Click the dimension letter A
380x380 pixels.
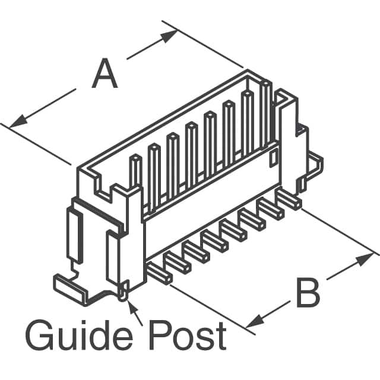click(x=104, y=73)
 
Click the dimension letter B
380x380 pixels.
click(x=308, y=293)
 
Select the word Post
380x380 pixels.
click(x=188, y=335)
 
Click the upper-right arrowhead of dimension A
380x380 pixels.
click(x=169, y=36)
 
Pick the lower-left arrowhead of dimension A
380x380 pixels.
click(x=18, y=121)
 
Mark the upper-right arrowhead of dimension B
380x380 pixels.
click(x=365, y=259)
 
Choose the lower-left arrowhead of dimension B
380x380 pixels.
click(x=255, y=321)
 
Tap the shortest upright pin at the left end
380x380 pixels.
click(x=135, y=172)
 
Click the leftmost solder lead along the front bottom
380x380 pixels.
click(x=160, y=273)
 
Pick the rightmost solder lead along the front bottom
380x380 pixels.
click(x=289, y=199)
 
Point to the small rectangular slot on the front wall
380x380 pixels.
click(x=274, y=158)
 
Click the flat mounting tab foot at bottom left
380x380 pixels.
click(x=70, y=290)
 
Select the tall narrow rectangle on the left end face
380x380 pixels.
click(x=75, y=235)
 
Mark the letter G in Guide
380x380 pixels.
click(x=39, y=335)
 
